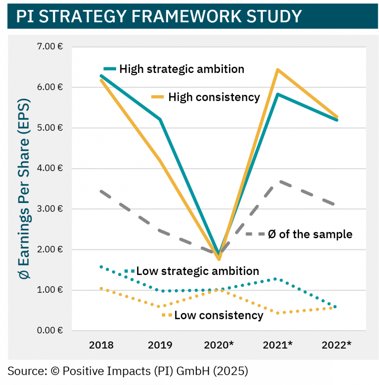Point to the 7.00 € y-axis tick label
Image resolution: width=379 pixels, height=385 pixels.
tap(50, 47)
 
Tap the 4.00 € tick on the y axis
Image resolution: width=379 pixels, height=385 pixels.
tap(50, 168)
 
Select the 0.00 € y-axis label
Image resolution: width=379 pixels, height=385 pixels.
tap(50, 330)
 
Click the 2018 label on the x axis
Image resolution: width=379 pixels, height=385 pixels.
tap(101, 345)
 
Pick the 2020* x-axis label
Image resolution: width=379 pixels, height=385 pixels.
tap(219, 345)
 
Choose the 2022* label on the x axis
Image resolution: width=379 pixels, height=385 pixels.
tap(337, 345)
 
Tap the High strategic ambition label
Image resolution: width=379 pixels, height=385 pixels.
tap(182, 69)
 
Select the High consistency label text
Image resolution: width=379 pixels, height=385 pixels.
tap(214, 97)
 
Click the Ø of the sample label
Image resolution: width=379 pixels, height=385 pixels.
tap(310, 234)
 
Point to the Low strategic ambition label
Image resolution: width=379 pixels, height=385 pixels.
tap(198, 271)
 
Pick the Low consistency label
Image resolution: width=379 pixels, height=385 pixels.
tap(219, 315)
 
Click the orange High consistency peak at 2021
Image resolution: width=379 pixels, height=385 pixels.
tap(277, 70)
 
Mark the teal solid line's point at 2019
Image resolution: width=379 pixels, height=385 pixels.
tap(160, 120)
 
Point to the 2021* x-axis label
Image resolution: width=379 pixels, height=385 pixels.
tap(278, 345)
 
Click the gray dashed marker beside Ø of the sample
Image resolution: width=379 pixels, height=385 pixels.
tap(254, 234)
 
